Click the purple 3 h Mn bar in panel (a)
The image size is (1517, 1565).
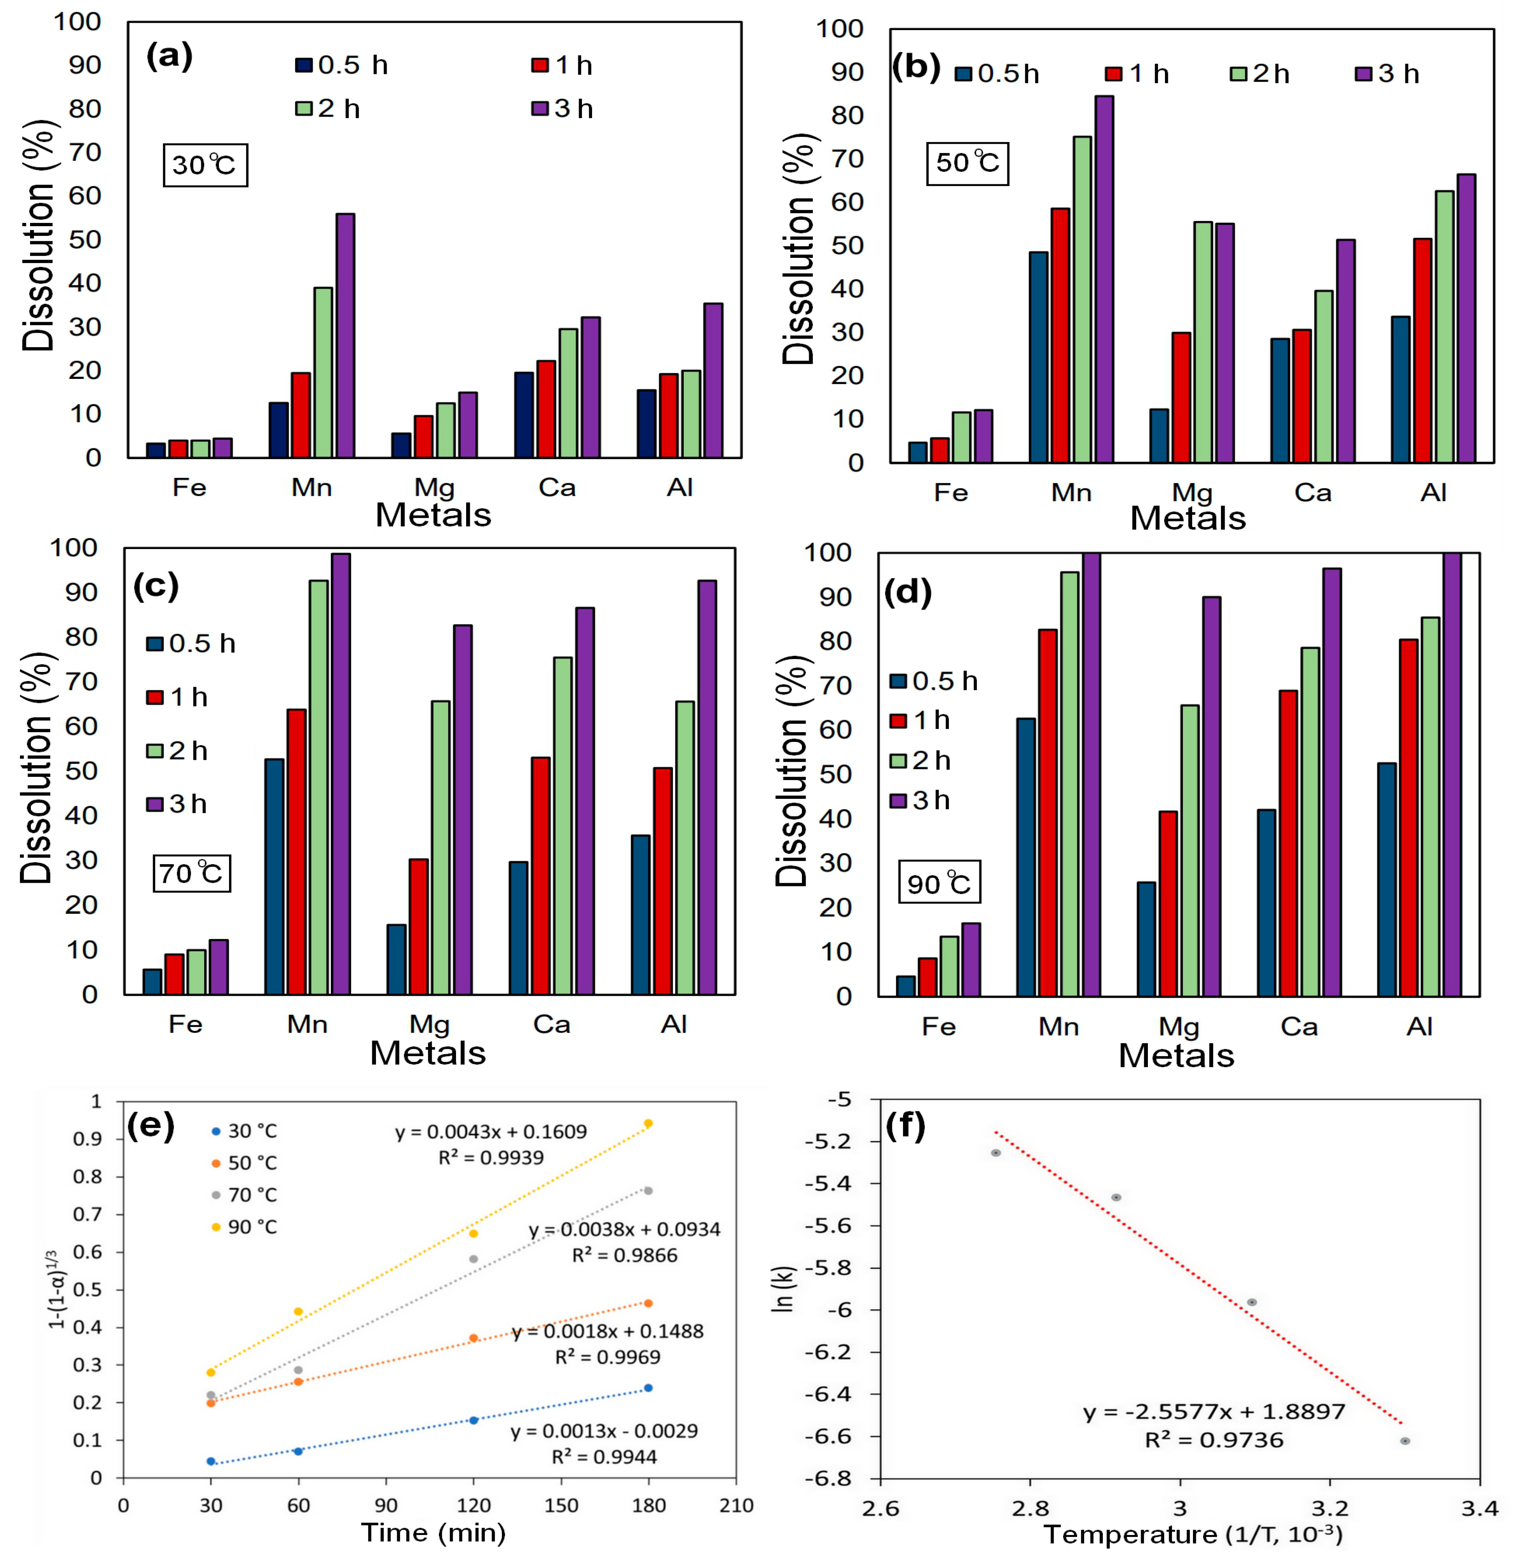click(x=345, y=335)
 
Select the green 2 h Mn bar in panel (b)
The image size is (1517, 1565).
click(x=1082, y=299)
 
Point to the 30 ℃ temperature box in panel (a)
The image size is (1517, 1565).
click(x=205, y=165)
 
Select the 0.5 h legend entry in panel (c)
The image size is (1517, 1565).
click(x=192, y=644)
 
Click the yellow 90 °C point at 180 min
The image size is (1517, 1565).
click(x=648, y=1124)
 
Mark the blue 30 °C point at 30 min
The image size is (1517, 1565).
click(x=211, y=1461)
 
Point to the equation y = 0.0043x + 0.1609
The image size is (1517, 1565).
click(x=491, y=1131)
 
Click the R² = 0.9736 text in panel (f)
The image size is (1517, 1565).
click(x=1214, y=1440)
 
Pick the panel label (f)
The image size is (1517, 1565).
click(x=905, y=1126)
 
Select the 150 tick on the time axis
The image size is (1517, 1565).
click(x=561, y=1506)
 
